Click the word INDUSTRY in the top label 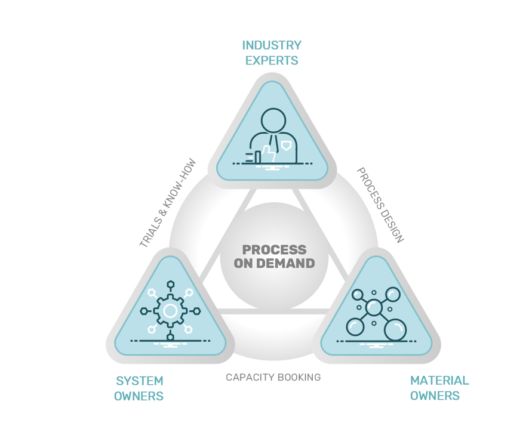(x=272, y=45)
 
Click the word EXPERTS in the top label (x=272, y=61)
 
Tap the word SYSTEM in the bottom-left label (x=139, y=381)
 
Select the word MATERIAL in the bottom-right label (x=439, y=381)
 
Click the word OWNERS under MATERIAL (x=435, y=396)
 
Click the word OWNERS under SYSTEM (x=139, y=396)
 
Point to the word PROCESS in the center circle (x=274, y=249)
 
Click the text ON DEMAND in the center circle (x=274, y=263)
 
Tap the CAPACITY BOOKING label (x=273, y=378)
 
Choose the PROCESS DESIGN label (x=380, y=205)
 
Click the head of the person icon (x=273, y=121)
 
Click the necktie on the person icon (x=273, y=145)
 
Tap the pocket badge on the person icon (x=287, y=145)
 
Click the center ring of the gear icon (x=170, y=311)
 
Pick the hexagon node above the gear (x=170, y=285)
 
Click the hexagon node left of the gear (x=144, y=311)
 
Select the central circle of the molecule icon (x=374, y=308)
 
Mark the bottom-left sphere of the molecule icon (x=355, y=327)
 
